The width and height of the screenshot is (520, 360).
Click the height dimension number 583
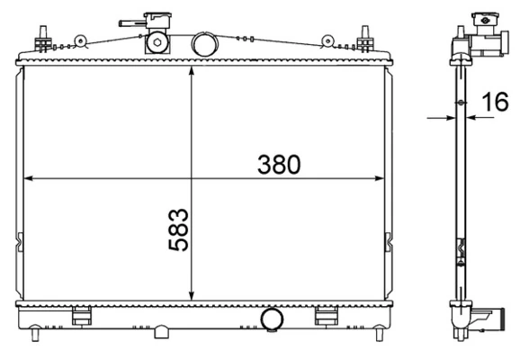[179, 229]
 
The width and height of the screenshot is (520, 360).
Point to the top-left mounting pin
[40, 40]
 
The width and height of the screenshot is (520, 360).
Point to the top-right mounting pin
[365, 40]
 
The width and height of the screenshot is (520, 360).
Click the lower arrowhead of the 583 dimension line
[192, 296]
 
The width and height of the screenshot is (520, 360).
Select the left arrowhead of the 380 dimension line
[27, 178]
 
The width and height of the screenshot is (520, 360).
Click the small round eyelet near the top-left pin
[80, 40]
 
